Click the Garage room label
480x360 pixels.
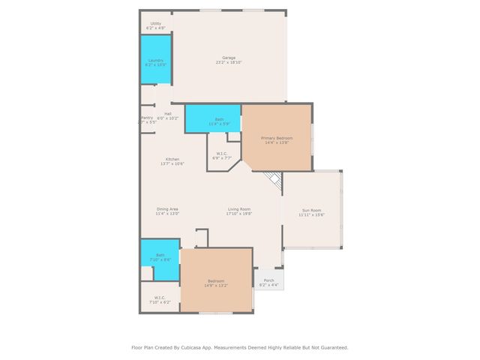click(x=229, y=58)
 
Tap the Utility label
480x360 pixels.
click(x=155, y=24)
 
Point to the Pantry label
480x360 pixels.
click(x=147, y=117)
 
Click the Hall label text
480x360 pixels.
click(x=168, y=114)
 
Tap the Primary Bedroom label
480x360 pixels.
click(x=277, y=139)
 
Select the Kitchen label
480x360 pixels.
click(x=172, y=159)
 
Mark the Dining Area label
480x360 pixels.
click(x=167, y=209)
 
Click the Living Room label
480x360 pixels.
click(x=239, y=209)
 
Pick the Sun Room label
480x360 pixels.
click(x=311, y=211)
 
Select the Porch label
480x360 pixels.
click(x=268, y=280)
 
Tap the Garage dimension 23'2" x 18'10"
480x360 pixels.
click(x=229, y=63)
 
